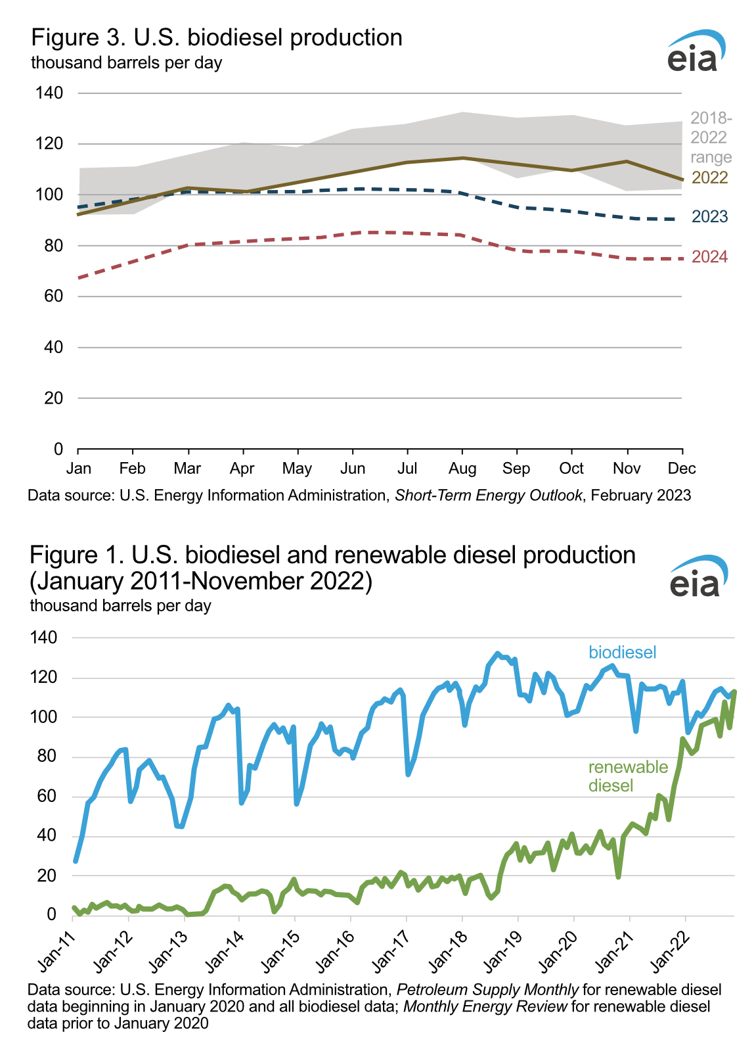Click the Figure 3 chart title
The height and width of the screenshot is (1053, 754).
[x=217, y=38]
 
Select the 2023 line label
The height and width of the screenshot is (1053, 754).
[x=709, y=217]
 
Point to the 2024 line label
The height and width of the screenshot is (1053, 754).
[x=709, y=257]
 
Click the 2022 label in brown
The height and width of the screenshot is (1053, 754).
[x=709, y=177]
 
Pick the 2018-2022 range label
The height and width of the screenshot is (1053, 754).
[x=711, y=137]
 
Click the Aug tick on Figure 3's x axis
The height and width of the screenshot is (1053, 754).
[x=462, y=469]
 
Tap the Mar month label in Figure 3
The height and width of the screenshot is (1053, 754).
[x=187, y=469]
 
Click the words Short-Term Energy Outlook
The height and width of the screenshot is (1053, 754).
[x=488, y=496]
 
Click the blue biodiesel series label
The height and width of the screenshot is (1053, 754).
[x=622, y=653]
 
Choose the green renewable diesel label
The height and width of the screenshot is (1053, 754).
[x=628, y=776]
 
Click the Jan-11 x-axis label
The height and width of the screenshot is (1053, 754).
[x=57, y=954]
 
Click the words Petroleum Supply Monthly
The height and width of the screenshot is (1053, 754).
[x=487, y=990]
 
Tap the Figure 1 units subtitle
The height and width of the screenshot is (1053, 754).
[x=120, y=605]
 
